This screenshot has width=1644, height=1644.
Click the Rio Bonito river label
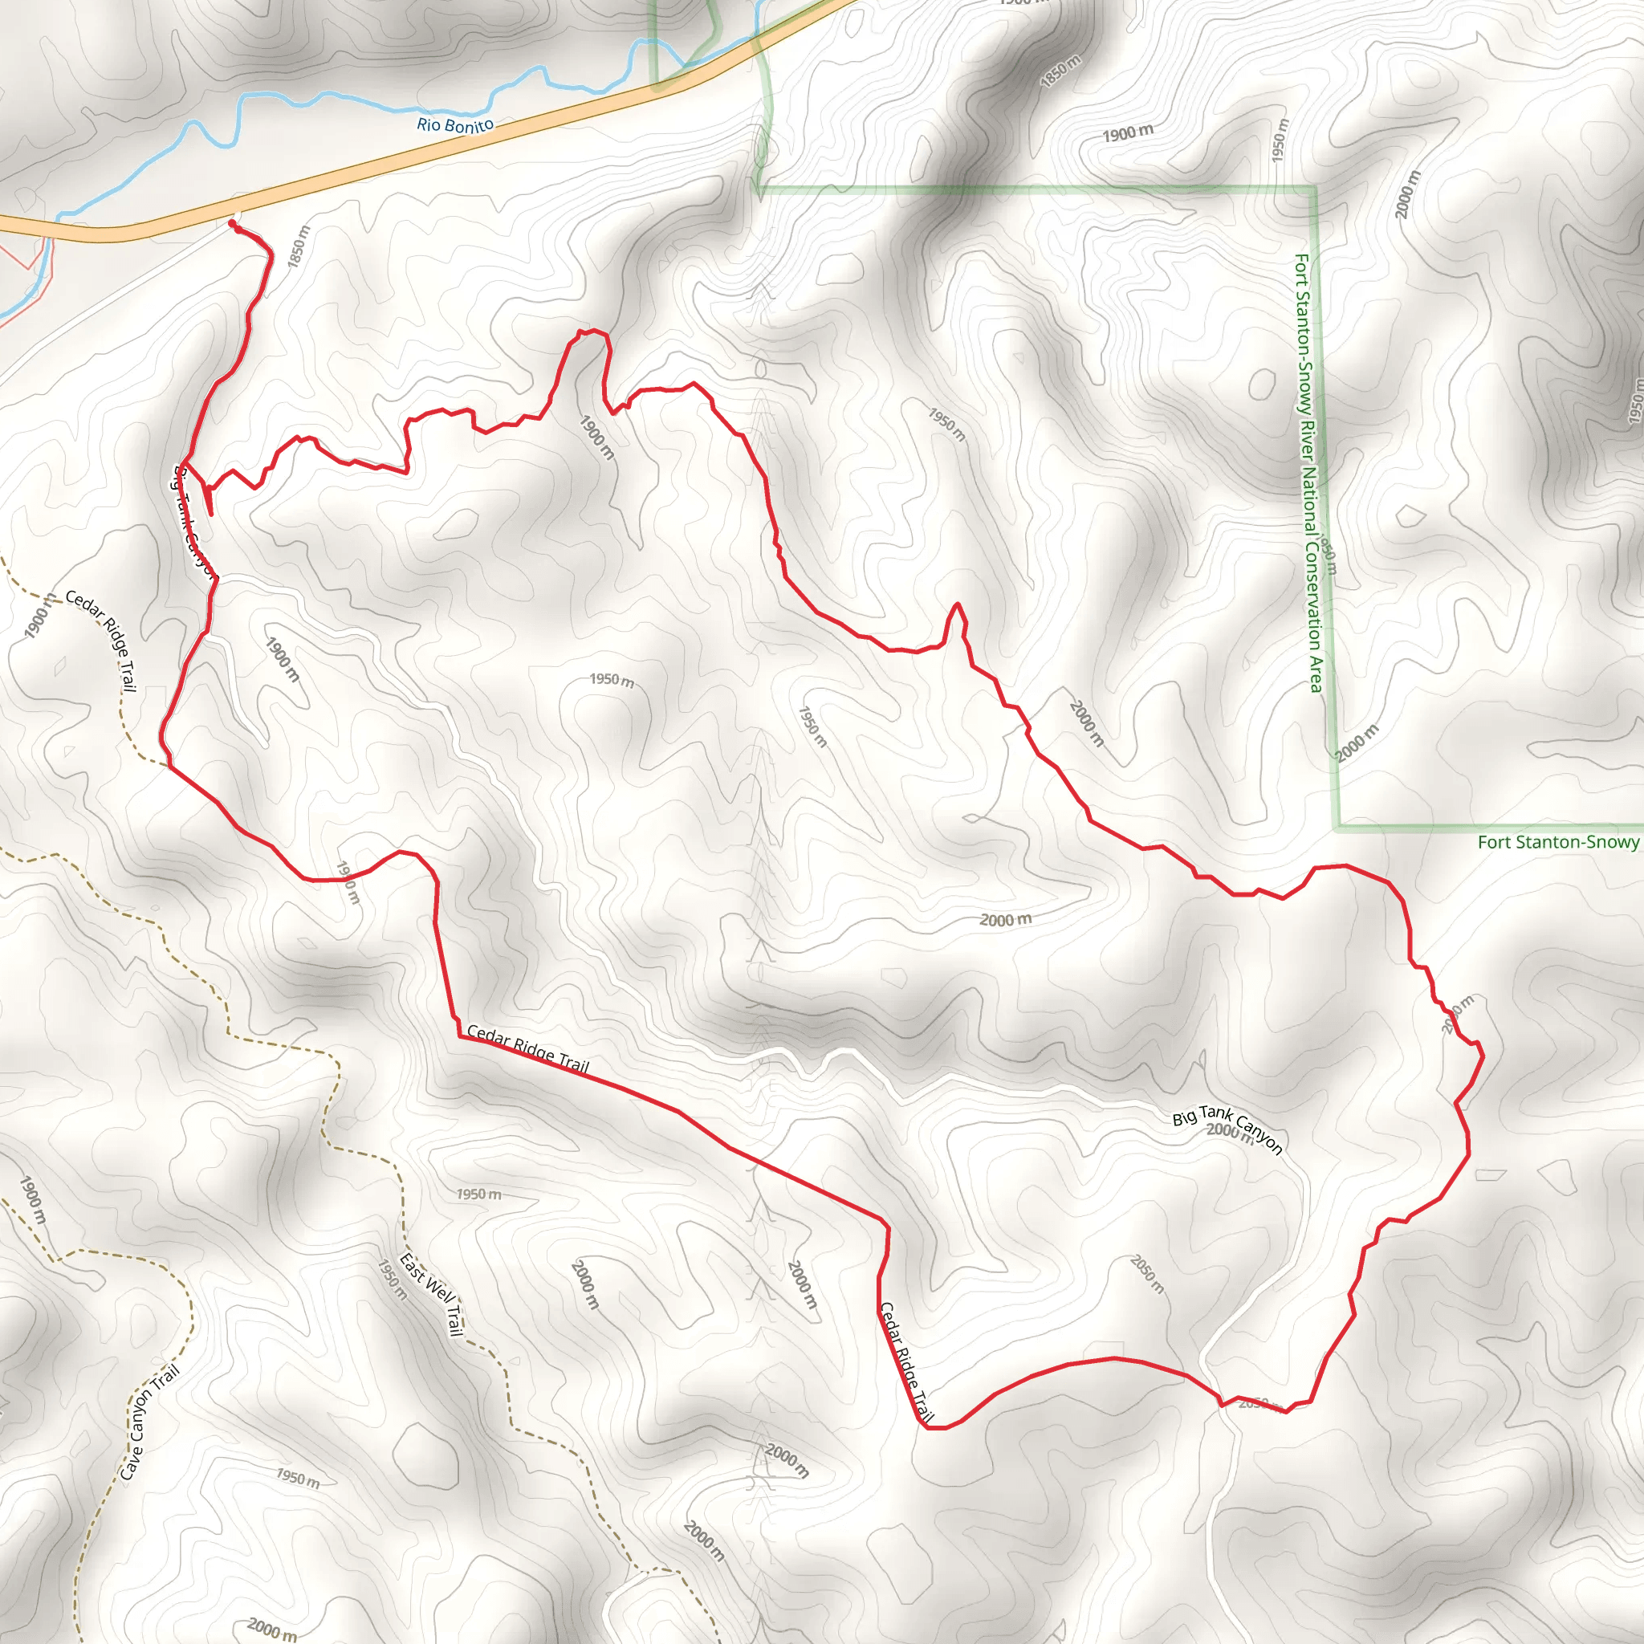(455, 125)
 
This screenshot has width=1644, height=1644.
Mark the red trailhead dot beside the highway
(231, 223)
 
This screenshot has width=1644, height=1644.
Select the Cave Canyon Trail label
(150, 1422)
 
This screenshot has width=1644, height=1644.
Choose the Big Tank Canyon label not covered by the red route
(1227, 1129)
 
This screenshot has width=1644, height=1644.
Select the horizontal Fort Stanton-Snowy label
(1557, 842)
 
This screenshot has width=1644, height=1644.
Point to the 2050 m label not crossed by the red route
(1147, 1274)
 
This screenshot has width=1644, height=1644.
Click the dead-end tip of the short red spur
(210, 514)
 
